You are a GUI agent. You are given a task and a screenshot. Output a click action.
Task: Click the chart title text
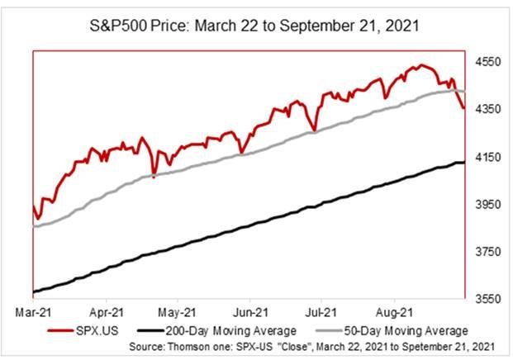pos(256,26)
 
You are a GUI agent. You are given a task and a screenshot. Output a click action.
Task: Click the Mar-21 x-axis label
pos(34,314)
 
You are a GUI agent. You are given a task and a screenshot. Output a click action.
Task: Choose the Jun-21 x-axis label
pos(250,314)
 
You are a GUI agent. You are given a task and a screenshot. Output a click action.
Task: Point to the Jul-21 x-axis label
pos(322,314)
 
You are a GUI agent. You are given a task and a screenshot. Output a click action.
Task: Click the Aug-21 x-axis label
pos(394,314)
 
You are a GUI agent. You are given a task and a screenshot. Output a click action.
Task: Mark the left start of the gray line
pos(34,225)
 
